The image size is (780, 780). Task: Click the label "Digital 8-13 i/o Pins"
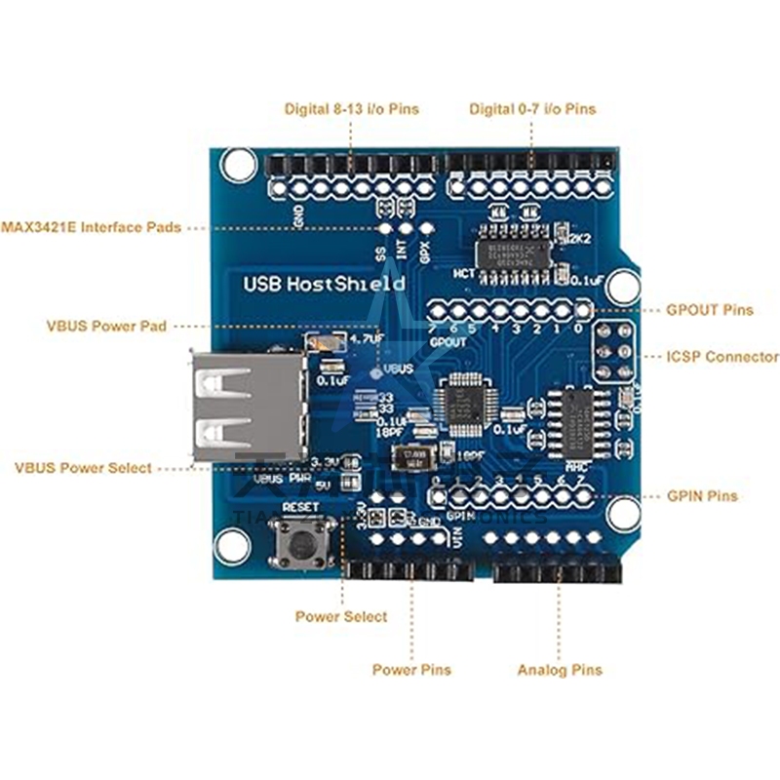point(351,109)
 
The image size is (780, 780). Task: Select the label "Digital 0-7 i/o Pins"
point(531,109)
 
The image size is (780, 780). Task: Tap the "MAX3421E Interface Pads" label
point(91,227)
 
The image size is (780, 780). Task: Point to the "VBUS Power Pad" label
point(106,326)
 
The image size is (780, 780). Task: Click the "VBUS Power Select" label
point(83,468)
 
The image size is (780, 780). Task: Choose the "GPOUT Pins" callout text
point(709,310)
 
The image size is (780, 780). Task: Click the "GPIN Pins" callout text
point(702,496)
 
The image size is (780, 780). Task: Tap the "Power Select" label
point(341,617)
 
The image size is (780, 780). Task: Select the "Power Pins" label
point(411,670)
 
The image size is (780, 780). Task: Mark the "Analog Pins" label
point(560,670)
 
